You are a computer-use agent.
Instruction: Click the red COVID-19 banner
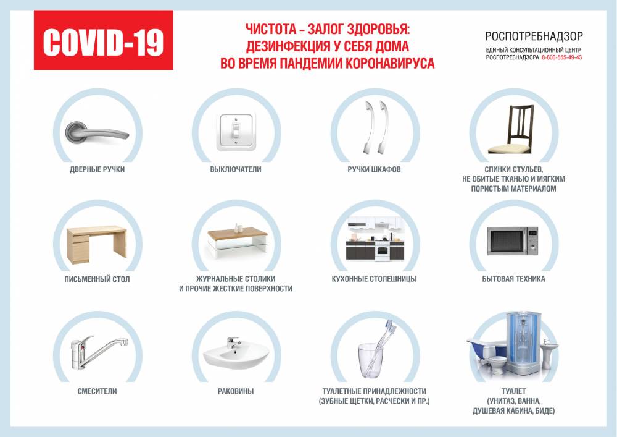pos(103,42)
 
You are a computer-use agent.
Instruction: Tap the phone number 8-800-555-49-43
pos(561,57)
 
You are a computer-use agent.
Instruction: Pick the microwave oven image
pos(513,241)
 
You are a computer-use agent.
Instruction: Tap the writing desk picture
pos(96,243)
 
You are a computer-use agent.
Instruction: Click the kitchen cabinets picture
pos(375,240)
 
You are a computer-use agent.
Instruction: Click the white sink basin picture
pos(236,353)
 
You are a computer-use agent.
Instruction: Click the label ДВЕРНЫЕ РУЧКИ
pos(97,169)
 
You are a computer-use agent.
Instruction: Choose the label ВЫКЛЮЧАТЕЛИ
pos(236,169)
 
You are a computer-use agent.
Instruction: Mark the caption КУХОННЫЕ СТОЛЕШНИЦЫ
pos(374,279)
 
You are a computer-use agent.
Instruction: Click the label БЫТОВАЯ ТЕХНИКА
pos(513,279)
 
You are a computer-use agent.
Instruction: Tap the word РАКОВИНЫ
pos(236,391)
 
